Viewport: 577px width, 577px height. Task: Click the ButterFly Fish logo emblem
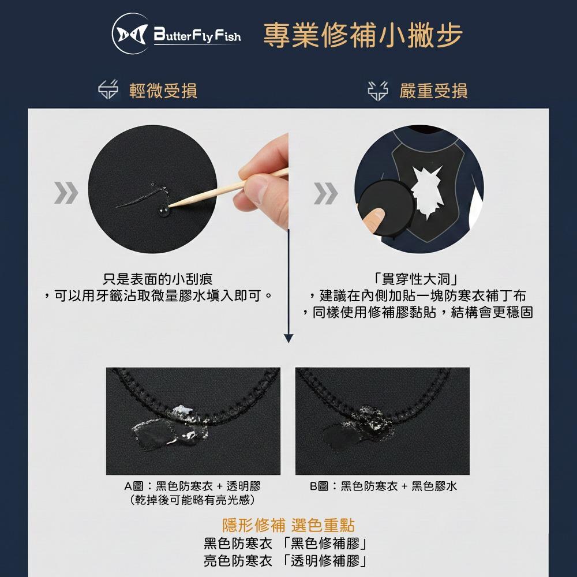click(130, 34)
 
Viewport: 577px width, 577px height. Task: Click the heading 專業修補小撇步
click(362, 35)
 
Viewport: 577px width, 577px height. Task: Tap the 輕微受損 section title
click(163, 91)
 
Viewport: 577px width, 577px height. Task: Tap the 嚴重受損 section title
click(433, 91)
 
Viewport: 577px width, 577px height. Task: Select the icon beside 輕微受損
click(108, 90)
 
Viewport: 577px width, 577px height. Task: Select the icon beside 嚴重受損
click(378, 91)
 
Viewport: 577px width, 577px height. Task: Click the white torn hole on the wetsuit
click(427, 192)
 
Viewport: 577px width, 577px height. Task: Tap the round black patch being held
click(386, 208)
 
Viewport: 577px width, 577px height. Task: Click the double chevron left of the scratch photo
click(66, 193)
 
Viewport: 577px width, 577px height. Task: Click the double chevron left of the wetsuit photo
click(325, 193)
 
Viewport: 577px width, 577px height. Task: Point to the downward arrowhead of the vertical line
click(288, 338)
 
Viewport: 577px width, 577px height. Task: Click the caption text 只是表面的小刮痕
click(158, 279)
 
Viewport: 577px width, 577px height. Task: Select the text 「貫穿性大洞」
click(416, 279)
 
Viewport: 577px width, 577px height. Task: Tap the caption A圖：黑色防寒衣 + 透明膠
click(193, 486)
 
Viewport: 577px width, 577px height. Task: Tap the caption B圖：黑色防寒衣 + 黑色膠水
click(383, 486)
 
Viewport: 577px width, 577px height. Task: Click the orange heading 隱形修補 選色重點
click(288, 525)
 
